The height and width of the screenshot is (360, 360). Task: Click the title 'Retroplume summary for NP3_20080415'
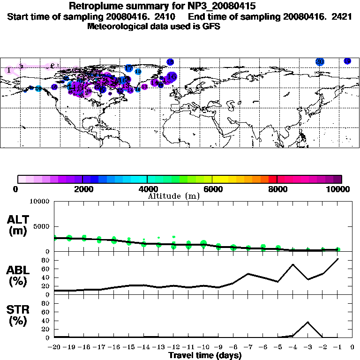[x=162, y=6]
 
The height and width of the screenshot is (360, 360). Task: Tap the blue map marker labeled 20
[x=320, y=61]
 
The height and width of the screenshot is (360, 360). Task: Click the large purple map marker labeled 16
[x=172, y=76]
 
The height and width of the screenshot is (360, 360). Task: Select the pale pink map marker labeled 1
[x=9, y=70]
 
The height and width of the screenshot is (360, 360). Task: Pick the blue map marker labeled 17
[x=129, y=68]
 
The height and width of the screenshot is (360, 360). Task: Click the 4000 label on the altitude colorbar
[x=148, y=189]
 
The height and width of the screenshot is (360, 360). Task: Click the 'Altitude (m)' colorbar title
[x=174, y=196]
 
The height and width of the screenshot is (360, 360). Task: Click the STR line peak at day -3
[x=307, y=322]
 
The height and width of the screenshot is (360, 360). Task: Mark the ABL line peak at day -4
[x=293, y=264]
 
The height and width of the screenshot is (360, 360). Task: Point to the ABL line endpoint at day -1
[x=337, y=259]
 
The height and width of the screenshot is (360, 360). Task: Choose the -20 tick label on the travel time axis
[x=54, y=347]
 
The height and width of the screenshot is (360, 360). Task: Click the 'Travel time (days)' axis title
[x=205, y=356]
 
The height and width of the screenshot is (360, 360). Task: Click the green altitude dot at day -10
[x=203, y=243]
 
